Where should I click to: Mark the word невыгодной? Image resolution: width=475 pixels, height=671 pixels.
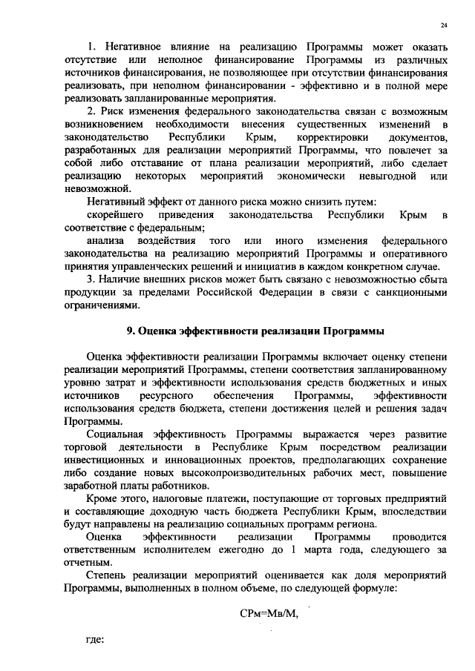coord(381,176)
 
